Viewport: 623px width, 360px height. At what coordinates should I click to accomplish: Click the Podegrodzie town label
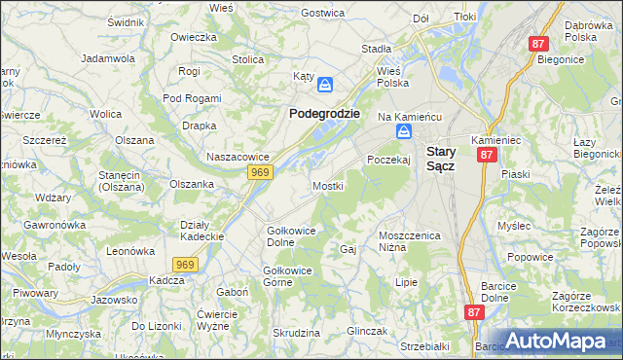coord(324,113)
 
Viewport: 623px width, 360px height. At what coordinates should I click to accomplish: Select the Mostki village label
coord(327,185)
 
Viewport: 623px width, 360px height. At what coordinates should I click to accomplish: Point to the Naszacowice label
coord(237,156)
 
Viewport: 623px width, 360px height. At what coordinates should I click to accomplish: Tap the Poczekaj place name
coord(388,160)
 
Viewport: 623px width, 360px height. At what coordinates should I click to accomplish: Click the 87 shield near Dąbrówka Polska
coord(539,44)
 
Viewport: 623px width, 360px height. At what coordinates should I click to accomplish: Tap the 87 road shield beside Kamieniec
coord(488,154)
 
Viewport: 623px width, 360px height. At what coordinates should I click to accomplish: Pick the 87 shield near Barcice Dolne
coord(474,312)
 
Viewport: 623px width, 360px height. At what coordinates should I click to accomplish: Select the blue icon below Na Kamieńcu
coord(403,131)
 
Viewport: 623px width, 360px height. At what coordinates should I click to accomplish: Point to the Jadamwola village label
coord(107,58)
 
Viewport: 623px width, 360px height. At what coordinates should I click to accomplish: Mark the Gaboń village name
coord(232,292)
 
